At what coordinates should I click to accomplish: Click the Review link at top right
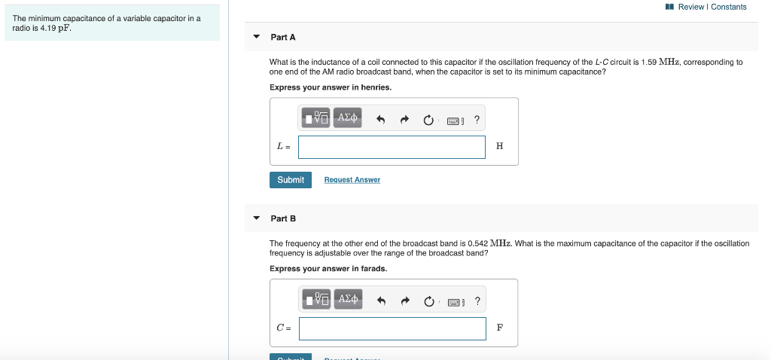(690, 7)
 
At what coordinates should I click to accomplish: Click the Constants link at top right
(728, 7)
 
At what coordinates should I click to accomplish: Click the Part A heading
(283, 37)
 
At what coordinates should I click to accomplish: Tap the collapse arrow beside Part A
(256, 37)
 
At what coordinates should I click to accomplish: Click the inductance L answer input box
(392, 147)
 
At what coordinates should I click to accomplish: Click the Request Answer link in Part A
(352, 180)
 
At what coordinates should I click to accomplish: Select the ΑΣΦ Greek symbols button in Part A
(347, 117)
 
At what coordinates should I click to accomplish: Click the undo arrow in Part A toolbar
(381, 119)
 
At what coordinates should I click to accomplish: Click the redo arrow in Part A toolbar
(404, 119)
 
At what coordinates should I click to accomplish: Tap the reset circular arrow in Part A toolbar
(428, 119)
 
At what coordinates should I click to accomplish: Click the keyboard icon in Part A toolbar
(454, 120)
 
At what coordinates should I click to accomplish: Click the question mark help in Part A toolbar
(477, 118)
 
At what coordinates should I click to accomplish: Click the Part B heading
(283, 218)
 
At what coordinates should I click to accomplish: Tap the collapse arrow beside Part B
(256, 218)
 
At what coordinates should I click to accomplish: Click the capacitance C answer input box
(392, 328)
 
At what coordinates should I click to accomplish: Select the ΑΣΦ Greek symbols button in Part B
(347, 299)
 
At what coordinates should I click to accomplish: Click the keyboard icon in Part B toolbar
(454, 301)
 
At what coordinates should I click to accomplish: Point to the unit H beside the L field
(500, 147)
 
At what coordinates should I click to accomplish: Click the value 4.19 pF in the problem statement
(56, 29)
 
